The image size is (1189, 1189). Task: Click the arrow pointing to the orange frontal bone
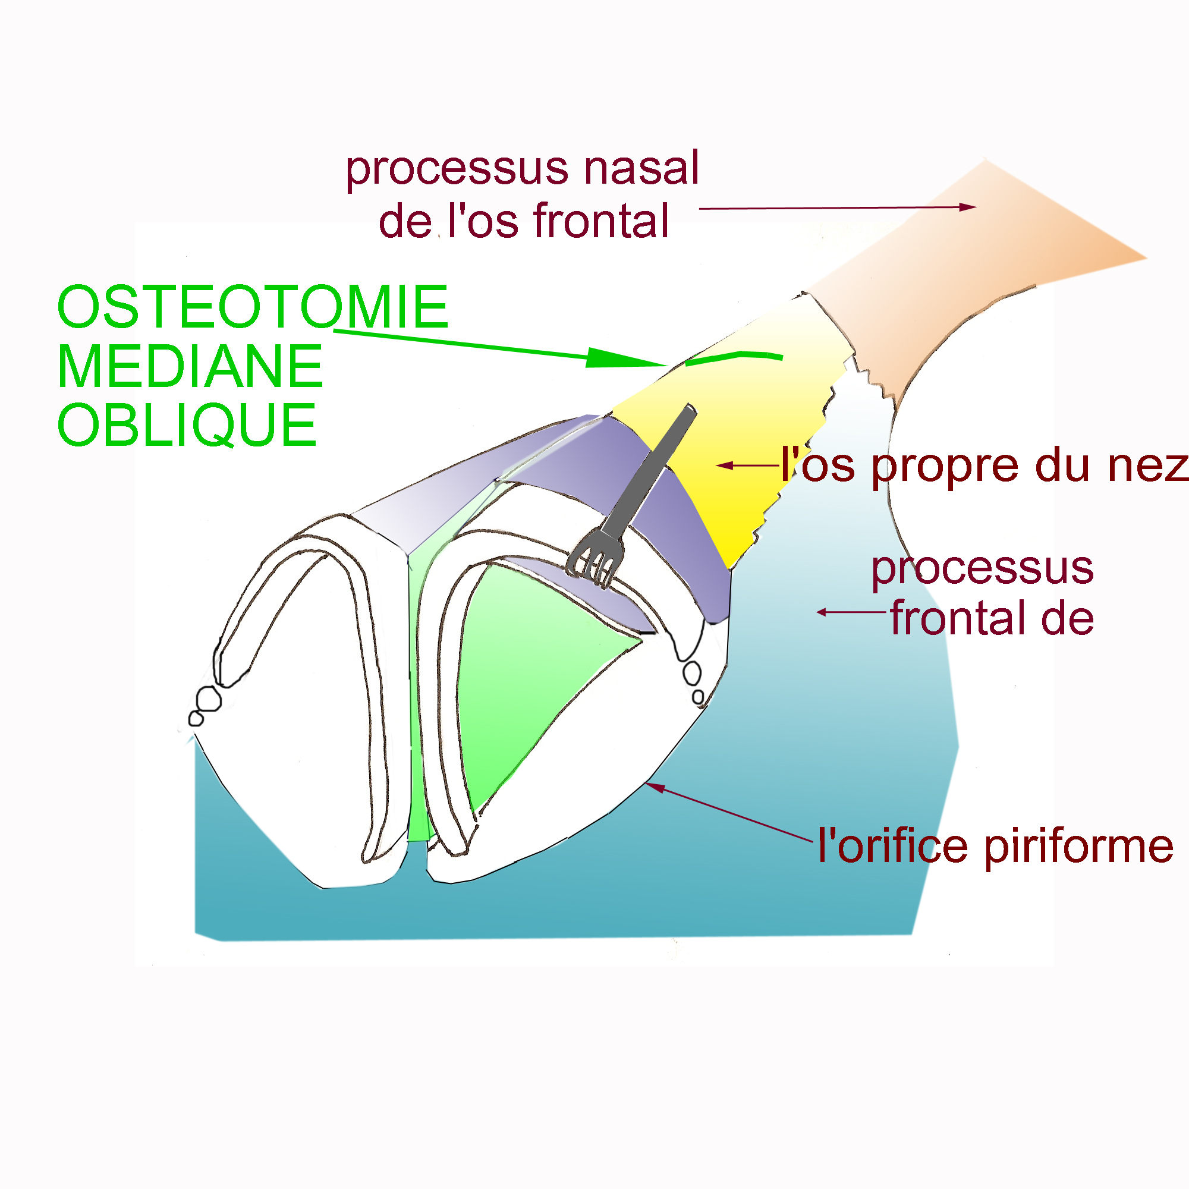(x=837, y=208)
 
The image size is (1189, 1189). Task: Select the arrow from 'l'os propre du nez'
(x=748, y=465)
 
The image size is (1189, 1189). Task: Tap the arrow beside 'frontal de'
(x=853, y=612)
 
